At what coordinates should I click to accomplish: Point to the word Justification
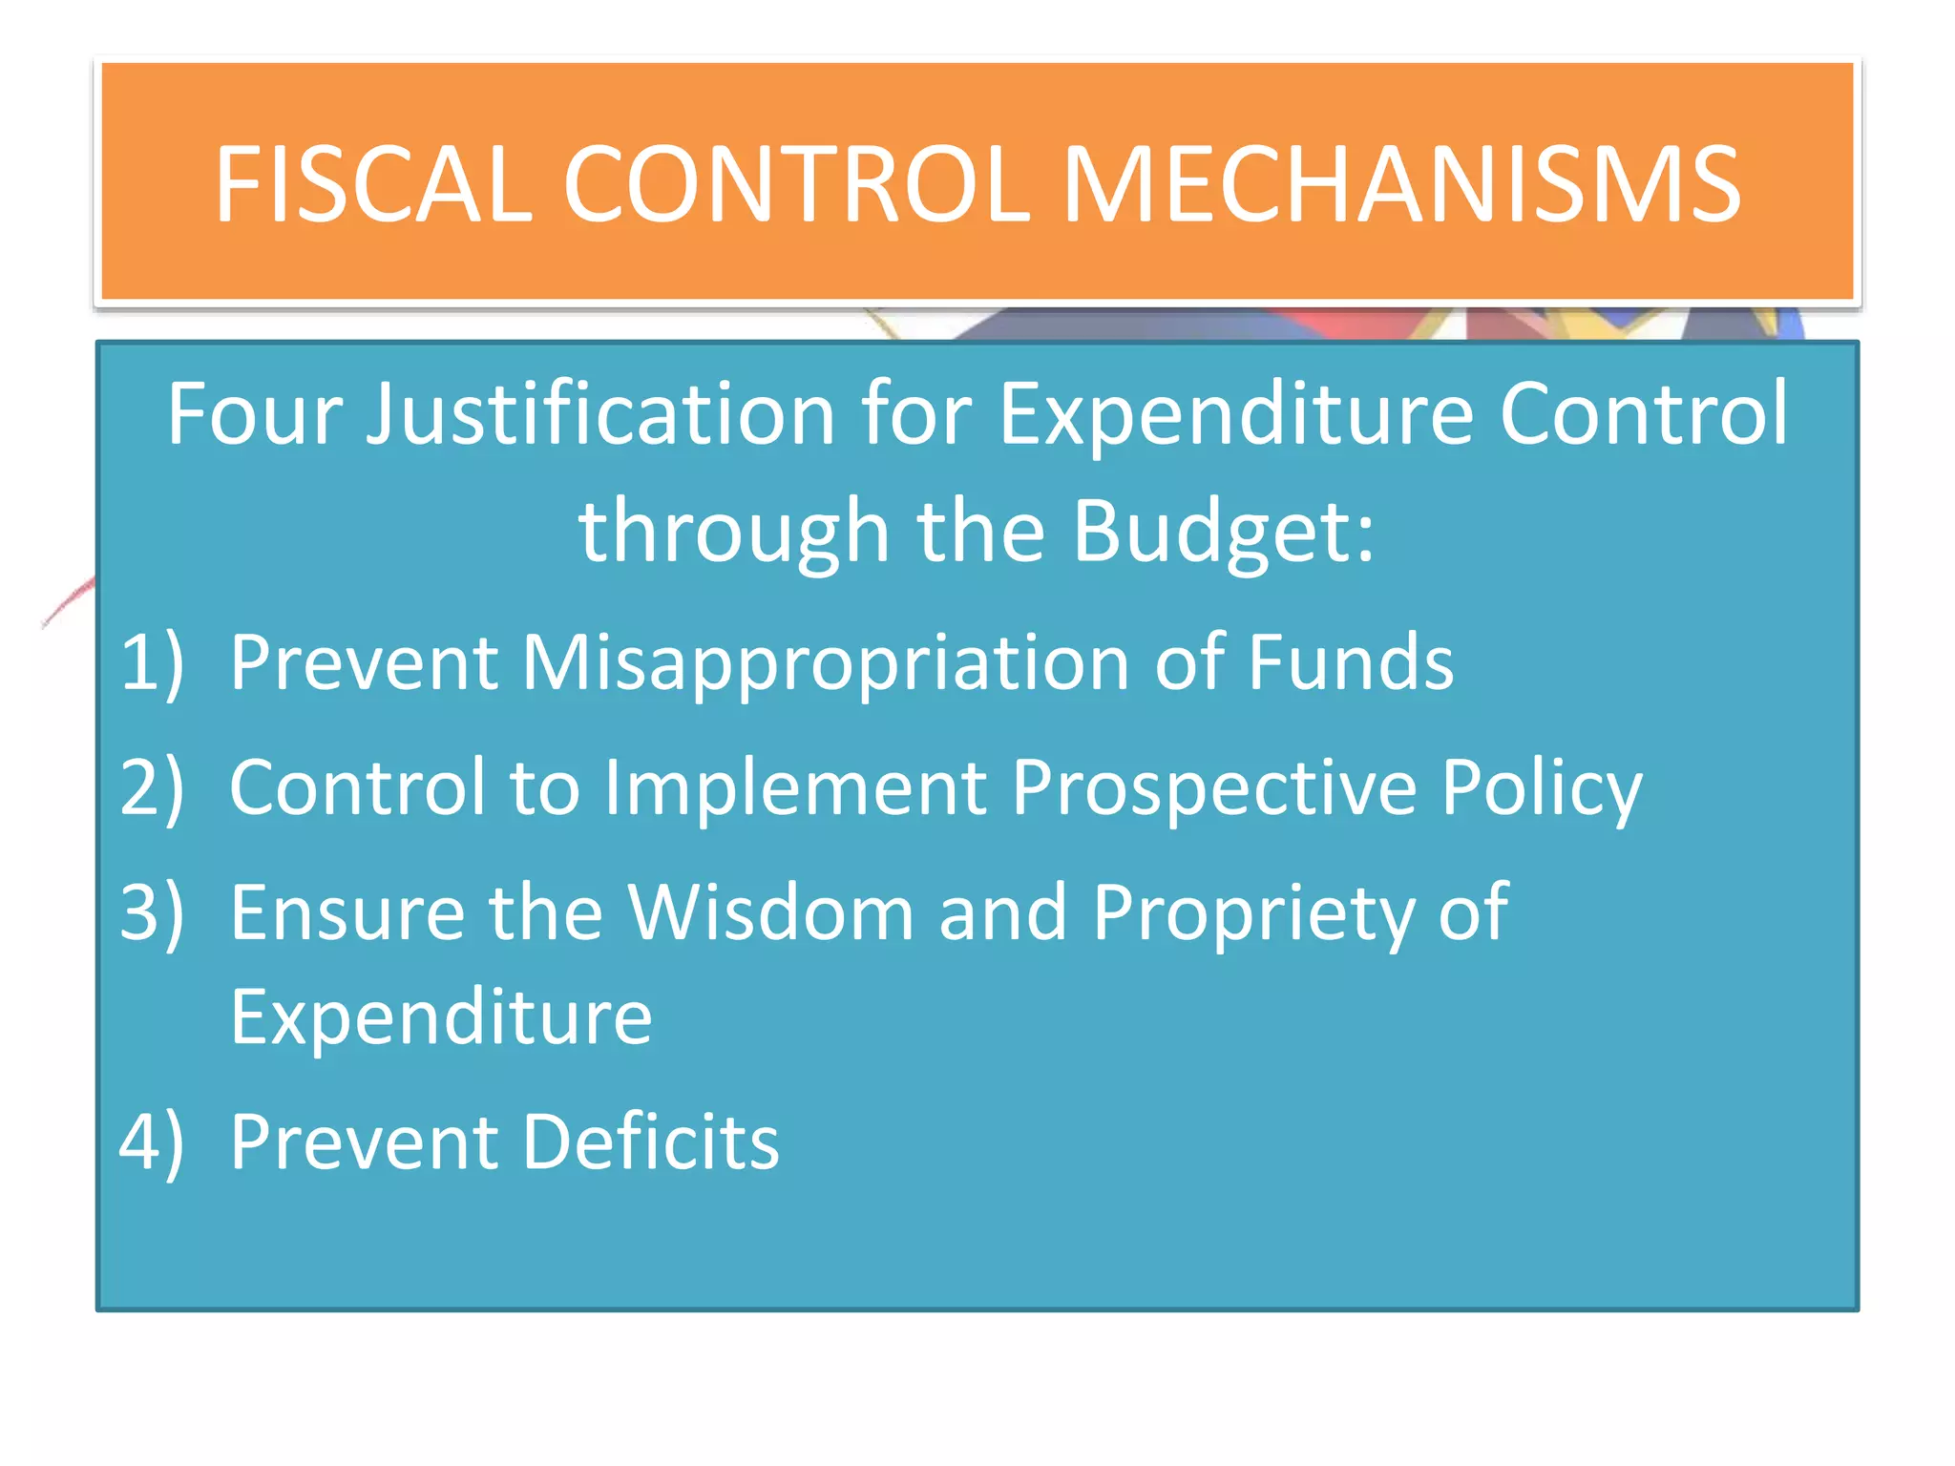click(x=601, y=415)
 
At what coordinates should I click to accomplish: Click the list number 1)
click(x=152, y=662)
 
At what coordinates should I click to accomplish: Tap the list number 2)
click(x=152, y=787)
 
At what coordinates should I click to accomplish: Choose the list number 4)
click(x=152, y=1141)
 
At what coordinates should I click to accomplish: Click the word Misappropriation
click(x=826, y=664)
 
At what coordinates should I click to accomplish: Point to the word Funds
click(x=1351, y=662)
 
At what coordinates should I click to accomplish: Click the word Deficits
click(x=650, y=1141)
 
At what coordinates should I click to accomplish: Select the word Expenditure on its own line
click(x=441, y=1017)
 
